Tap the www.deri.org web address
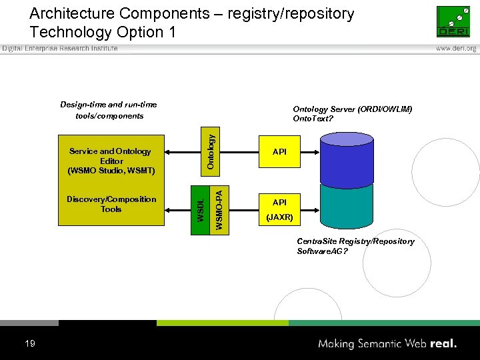coord(456,49)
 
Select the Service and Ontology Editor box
coord(111,161)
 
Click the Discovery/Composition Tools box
coord(111,204)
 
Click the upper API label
coord(279,152)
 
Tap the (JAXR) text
coord(279,217)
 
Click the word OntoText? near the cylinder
coord(313,119)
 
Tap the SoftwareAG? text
coord(322,251)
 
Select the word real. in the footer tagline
coord(443,344)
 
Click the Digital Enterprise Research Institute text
coord(60,49)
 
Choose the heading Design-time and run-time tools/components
coord(109,110)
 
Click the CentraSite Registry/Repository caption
coord(355,241)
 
